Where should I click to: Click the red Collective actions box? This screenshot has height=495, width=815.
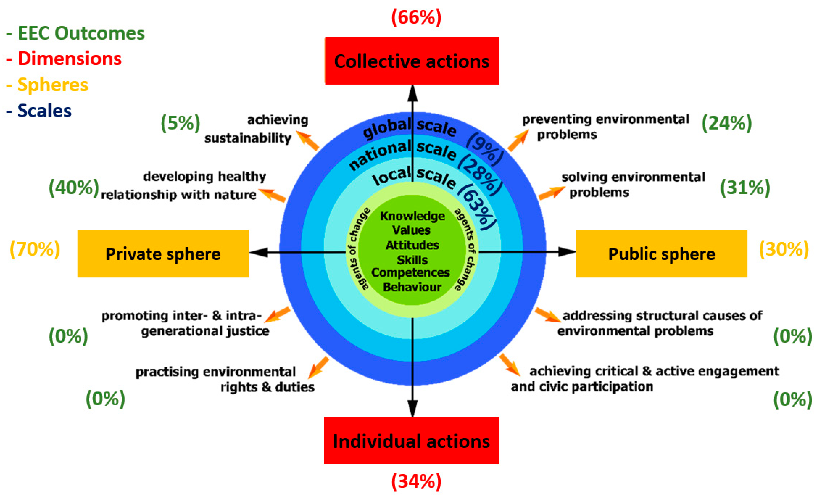pyautogui.click(x=412, y=61)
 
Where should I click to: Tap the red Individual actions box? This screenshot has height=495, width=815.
pyautogui.click(x=411, y=440)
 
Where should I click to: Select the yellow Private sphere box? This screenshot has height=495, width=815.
pyautogui.click(x=163, y=254)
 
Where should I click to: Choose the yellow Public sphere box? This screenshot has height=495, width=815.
pyautogui.click(x=662, y=254)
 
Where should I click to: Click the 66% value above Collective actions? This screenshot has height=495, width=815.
pyautogui.click(x=416, y=17)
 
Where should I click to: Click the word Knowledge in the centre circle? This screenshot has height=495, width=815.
pyautogui.click(x=412, y=216)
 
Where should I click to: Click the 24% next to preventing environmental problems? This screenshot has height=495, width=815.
pyautogui.click(x=727, y=123)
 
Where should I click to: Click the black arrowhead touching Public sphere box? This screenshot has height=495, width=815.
pyautogui.click(x=566, y=252)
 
